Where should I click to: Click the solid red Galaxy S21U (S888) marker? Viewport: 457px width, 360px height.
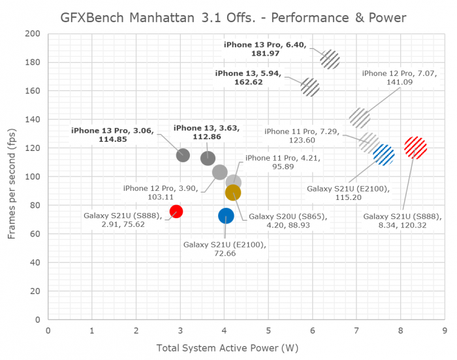click(176, 211)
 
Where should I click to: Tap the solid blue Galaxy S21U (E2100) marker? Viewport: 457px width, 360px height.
click(226, 216)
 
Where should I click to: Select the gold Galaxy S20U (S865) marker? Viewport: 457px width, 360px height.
click(233, 192)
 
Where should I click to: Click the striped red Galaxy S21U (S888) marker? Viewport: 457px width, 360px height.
click(415, 148)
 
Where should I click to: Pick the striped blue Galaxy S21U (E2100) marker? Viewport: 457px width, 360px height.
click(384, 155)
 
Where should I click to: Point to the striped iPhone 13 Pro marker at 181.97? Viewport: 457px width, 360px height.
click(330, 59)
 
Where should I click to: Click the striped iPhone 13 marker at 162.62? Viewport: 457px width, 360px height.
click(310, 87)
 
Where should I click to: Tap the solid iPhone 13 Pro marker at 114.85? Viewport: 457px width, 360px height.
click(183, 155)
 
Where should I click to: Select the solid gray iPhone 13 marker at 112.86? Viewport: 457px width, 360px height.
click(208, 158)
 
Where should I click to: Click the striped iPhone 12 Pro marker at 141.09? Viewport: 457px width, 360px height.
click(360, 118)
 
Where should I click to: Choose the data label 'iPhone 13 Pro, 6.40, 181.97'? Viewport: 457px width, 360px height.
click(266, 50)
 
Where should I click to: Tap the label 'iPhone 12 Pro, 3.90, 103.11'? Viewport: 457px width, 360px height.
click(162, 193)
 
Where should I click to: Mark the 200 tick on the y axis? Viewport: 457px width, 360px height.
click(33, 34)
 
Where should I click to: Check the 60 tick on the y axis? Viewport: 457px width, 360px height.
click(35, 234)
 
